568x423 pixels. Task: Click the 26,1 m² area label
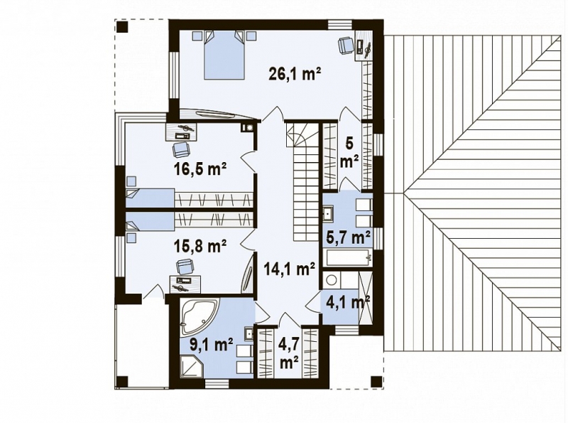click(x=295, y=75)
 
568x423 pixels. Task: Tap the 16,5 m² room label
click(x=198, y=168)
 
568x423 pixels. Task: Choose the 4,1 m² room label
click(x=348, y=301)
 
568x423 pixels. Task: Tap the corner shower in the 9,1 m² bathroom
click(x=192, y=366)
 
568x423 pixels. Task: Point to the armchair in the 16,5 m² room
click(x=180, y=149)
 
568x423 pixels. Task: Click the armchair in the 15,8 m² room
click(x=185, y=267)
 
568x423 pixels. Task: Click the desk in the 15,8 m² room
click(x=185, y=284)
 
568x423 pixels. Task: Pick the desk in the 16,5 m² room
click(x=182, y=132)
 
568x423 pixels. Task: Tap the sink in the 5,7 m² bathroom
click(x=328, y=213)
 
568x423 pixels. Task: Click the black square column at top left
click(x=121, y=26)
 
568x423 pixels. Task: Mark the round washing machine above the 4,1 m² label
click(x=331, y=279)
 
